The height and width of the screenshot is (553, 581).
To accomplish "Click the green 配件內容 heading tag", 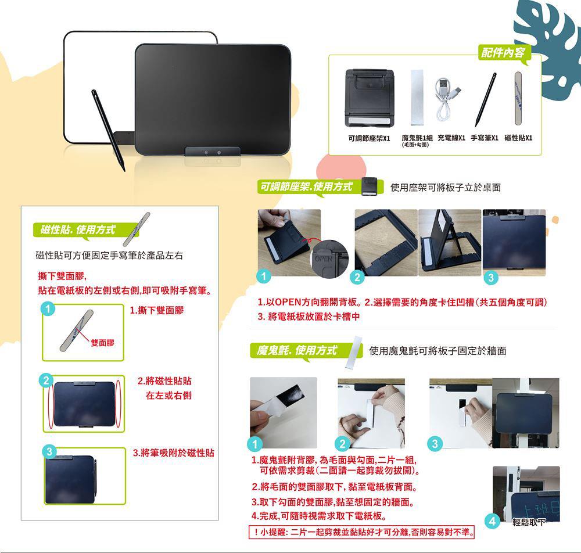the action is click(x=504, y=53).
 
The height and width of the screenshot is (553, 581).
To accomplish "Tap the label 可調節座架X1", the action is click(x=369, y=138).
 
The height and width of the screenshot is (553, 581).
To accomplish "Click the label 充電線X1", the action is click(x=451, y=138).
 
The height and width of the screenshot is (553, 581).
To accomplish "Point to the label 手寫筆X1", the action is click(x=485, y=138).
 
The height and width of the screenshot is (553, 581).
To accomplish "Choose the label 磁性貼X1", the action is click(x=518, y=138).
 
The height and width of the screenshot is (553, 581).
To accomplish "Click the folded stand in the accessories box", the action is click(x=370, y=98).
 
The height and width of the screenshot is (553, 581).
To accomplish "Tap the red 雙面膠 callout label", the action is click(x=103, y=343).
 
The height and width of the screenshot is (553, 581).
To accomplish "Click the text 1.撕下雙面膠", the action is click(x=157, y=310).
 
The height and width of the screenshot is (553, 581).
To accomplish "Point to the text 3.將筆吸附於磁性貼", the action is click(x=173, y=453).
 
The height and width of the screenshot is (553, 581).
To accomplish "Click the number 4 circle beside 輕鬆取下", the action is click(x=493, y=521).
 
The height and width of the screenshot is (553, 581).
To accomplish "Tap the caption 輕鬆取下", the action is click(x=529, y=522).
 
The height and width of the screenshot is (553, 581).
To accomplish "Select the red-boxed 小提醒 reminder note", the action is click(x=361, y=532).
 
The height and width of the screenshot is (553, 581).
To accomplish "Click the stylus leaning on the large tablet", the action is click(x=108, y=130).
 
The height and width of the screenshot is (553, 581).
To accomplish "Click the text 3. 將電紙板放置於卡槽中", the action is click(x=309, y=317).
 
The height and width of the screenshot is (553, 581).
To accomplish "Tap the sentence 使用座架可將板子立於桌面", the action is click(x=446, y=188).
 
